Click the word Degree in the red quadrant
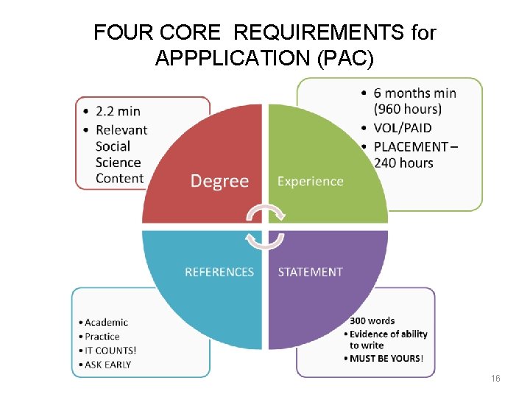tap(219, 181)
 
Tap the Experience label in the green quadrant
tap(310, 181)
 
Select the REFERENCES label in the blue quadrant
tap(219, 272)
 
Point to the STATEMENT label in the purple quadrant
tap(310, 272)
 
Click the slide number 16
tap(495, 378)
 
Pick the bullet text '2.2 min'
tap(118, 112)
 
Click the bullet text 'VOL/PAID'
tap(403, 128)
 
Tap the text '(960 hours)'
tap(408, 110)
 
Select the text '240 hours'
tap(403, 162)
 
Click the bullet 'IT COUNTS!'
tap(110, 351)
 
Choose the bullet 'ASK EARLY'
tap(108, 365)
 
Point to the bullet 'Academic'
tap(106, 322)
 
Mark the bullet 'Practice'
tap(102, 337)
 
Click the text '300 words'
tap(372, 321)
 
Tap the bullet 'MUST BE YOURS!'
tap(386, 359)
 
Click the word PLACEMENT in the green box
tap(411, 146)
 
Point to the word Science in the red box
tap(118, 162)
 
